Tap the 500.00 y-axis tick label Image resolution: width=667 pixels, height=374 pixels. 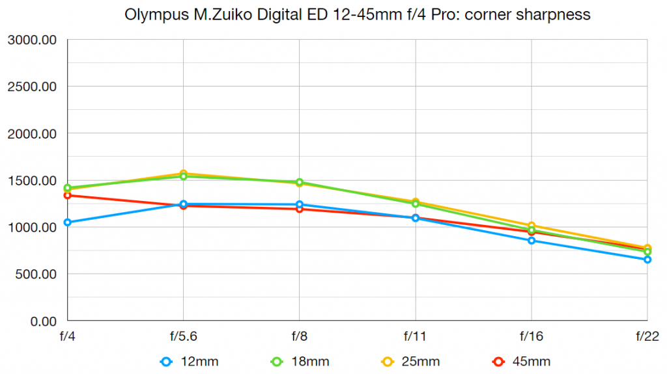(x=36, y=274)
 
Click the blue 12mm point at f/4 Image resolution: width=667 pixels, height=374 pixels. (x=68, y=222)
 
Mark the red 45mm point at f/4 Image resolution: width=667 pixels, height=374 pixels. (x=68, y=195)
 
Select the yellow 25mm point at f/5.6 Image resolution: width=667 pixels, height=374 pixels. (x=184, y=174)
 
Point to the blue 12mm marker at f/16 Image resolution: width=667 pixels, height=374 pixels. (x=532, y=241)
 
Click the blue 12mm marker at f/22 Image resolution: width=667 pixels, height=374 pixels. (x=647, y=260)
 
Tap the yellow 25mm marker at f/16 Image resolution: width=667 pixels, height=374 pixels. (x=532, y=226)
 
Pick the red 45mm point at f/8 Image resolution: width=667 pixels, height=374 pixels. (x=300, y=209)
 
